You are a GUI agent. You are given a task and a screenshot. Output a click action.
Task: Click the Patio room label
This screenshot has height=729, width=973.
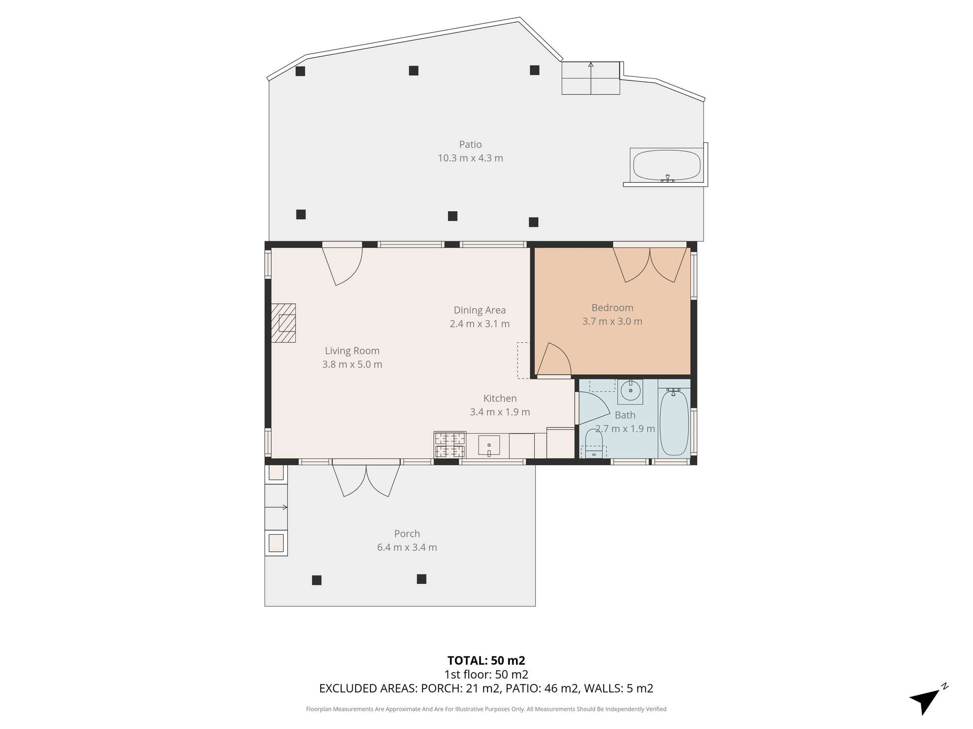point(470,145)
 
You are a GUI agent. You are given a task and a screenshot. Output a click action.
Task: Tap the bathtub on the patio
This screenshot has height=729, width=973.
point(666,165)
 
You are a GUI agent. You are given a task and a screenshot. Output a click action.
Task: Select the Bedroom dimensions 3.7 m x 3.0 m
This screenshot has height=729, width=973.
point(612,321)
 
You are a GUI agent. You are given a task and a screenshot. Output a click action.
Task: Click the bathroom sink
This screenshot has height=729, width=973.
point(630,391)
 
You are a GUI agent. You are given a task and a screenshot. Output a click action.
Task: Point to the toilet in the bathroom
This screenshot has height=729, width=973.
point(593,442)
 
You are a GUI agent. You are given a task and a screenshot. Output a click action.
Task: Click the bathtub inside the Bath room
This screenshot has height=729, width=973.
point(675,422)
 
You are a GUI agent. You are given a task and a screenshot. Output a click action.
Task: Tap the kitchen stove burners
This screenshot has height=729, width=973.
point(450,445)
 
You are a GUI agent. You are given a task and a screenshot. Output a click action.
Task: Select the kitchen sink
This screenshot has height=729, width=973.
point(489,445)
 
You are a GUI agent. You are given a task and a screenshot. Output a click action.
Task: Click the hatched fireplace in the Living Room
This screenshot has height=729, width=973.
point(284,323)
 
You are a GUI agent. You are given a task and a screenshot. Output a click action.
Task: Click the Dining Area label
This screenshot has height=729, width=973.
point(479,310)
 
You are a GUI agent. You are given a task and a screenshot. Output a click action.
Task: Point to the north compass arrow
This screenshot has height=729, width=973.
point(927,701)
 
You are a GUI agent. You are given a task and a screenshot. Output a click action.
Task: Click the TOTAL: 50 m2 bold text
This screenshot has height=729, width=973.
point(486,661)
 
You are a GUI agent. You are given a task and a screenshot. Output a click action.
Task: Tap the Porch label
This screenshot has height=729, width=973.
point(407,534)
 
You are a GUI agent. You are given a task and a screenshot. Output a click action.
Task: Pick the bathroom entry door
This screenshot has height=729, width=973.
point(590,408)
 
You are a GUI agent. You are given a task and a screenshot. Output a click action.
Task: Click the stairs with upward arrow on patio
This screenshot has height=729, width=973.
point(590,78)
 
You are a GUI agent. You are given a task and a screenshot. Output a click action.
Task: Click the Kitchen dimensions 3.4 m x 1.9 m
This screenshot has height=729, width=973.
point(500,412)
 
